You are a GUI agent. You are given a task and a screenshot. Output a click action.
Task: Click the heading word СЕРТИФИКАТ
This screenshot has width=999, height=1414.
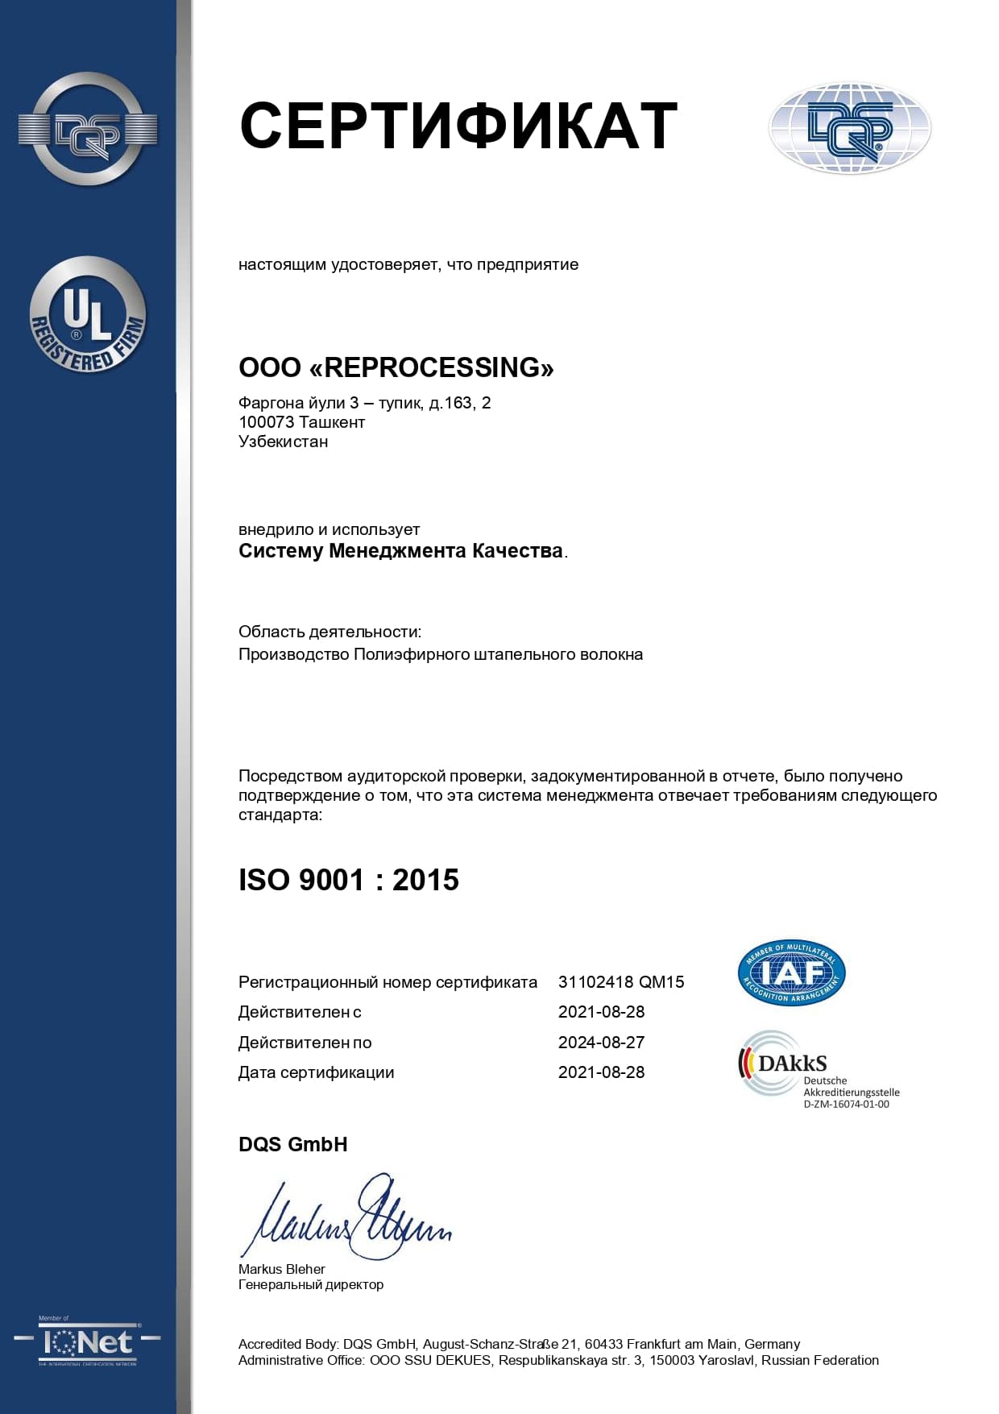pos(458,126)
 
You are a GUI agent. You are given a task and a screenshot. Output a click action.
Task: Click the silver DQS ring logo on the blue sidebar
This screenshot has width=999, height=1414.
pos(88,129)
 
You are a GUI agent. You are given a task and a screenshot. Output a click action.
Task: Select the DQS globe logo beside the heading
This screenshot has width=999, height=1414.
pos(850,129)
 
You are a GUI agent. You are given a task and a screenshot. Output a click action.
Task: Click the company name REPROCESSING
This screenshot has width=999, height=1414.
pos(438,367)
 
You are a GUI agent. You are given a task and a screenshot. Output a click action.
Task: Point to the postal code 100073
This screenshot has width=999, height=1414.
pos(266,422)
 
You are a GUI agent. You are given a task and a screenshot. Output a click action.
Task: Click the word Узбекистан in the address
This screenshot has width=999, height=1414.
pos(283,442)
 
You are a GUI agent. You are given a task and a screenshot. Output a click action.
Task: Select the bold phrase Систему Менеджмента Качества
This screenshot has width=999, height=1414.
pos(400,551)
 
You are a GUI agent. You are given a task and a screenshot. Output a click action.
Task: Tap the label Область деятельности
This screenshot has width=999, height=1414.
pos(330,632)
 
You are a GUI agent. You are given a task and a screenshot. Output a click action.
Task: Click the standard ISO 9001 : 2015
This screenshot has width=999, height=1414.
pos(349,880)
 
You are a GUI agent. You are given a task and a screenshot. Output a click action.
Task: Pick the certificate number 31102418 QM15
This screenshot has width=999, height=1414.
pos(621,982)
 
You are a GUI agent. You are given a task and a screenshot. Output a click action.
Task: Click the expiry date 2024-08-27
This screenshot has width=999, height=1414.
pos(601,1043)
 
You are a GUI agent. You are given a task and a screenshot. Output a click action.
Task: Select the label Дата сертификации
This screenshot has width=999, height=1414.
pos(316,1072)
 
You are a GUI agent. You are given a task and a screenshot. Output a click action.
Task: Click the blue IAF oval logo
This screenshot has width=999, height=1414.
pos(791,973)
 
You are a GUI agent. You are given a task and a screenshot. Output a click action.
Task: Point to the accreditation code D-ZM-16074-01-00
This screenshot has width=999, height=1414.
pos(846,1105)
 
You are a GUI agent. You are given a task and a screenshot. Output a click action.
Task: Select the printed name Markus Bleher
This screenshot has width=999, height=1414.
pos(281,1269)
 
